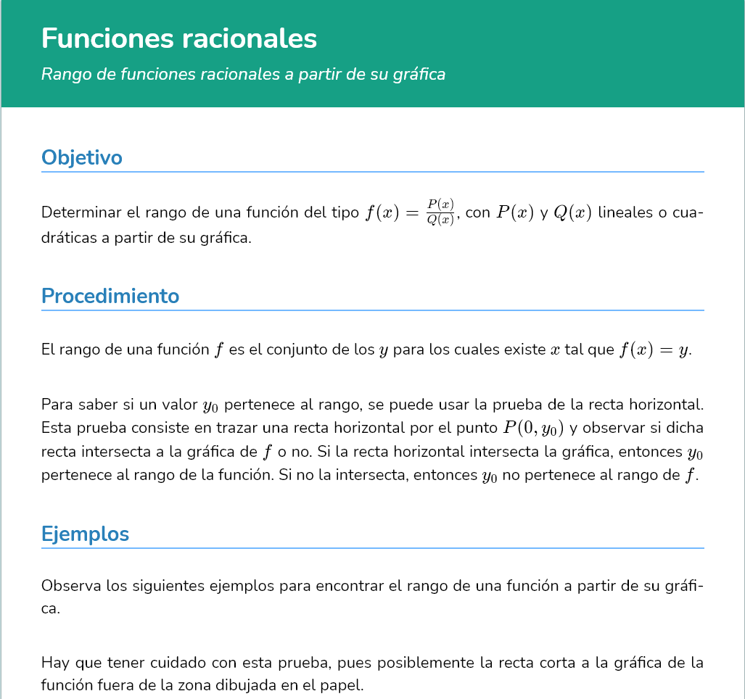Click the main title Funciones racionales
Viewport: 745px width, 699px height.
179,38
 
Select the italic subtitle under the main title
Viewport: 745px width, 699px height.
243,74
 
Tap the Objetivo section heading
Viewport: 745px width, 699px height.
82,157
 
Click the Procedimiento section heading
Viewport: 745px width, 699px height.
110,296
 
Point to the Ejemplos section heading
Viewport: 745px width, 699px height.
85,534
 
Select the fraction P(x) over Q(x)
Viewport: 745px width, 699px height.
440,213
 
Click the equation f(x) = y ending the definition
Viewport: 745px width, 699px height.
654,350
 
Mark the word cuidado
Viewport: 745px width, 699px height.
179,663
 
